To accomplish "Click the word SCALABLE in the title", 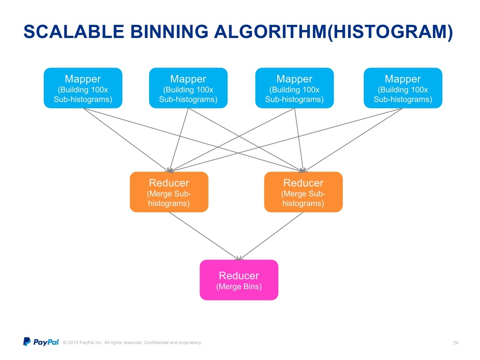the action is pyautogui.click(x=74, y=32).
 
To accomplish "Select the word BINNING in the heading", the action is pyautogui.click(x=169, y=32).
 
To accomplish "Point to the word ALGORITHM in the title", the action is pyautogui.click(x=270, y=32).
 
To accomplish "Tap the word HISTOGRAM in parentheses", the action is pyautogui.click(x=390, y=32).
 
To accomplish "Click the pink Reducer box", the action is pyautogui.click(x=239, y=280).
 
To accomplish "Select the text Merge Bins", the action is pyautogui.click(x=239, y=286).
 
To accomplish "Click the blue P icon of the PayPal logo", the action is pyautogui.click(x=27, y=342).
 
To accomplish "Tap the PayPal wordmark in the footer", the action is pyautogui.click(x=46, y=342).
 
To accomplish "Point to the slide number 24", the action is pyautogui.click(x=456, y=343).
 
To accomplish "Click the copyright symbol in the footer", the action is pyautogui.click(x=65, y=342).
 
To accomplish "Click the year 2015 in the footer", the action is pyautogui.click(x=73, y=342).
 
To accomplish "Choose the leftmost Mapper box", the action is pyautogui.click(x=83, y=88).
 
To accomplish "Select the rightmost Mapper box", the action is pyautogui.click(x=403, y=88).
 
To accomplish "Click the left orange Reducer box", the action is pyautogui.click(x=169, y=192).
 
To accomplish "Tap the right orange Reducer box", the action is pyautogui.click(x=303, y=192).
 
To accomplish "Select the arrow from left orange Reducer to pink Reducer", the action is pyautogui.click(x=204, y=236).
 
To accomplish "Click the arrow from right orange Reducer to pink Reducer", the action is pyautogui.click(x=271, y=236).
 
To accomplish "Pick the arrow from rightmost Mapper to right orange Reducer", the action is pyautogui.click(x=353, y=140).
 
